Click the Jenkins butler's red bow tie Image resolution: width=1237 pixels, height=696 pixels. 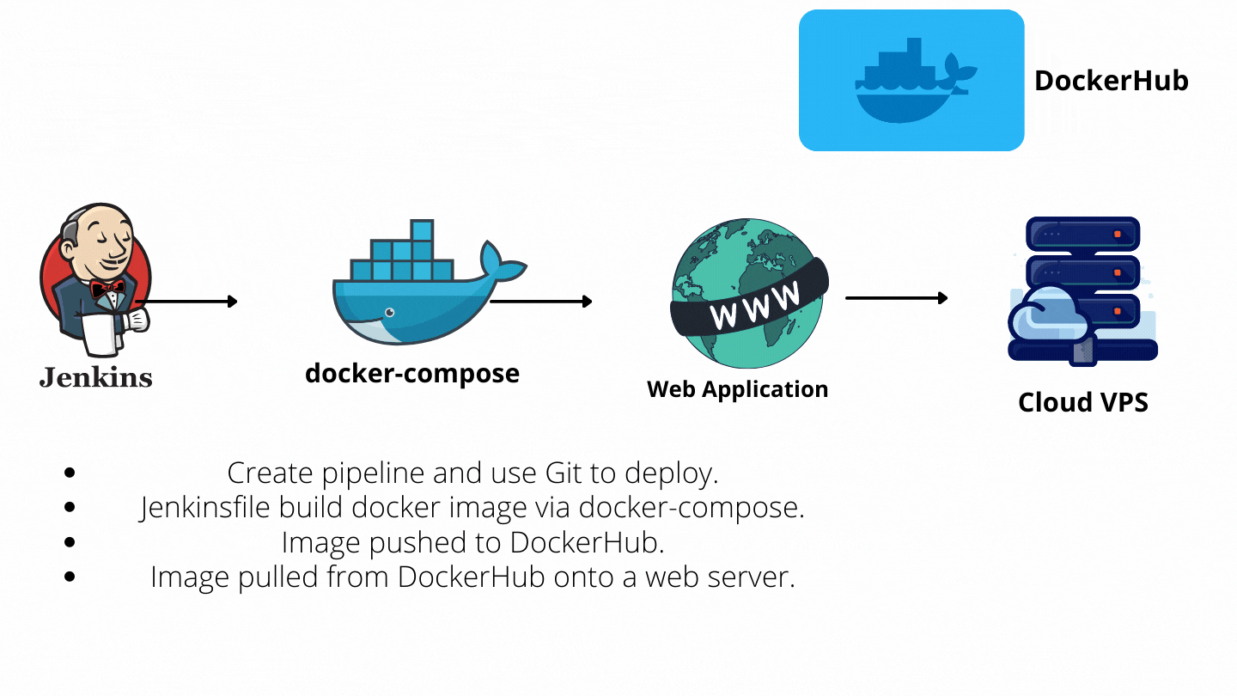coord(108,290)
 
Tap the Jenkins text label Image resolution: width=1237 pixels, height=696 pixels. coord(95,376)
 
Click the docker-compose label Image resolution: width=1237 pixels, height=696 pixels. coord(412,374)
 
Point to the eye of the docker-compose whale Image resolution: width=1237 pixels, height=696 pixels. coord(390,312)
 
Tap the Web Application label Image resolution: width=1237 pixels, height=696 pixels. coord(737,389)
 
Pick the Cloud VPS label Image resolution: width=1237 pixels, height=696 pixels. coord(1082,402)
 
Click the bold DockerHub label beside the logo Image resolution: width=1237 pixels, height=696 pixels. coord(1111,81)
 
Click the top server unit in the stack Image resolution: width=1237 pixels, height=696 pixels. coord(1082,234)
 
